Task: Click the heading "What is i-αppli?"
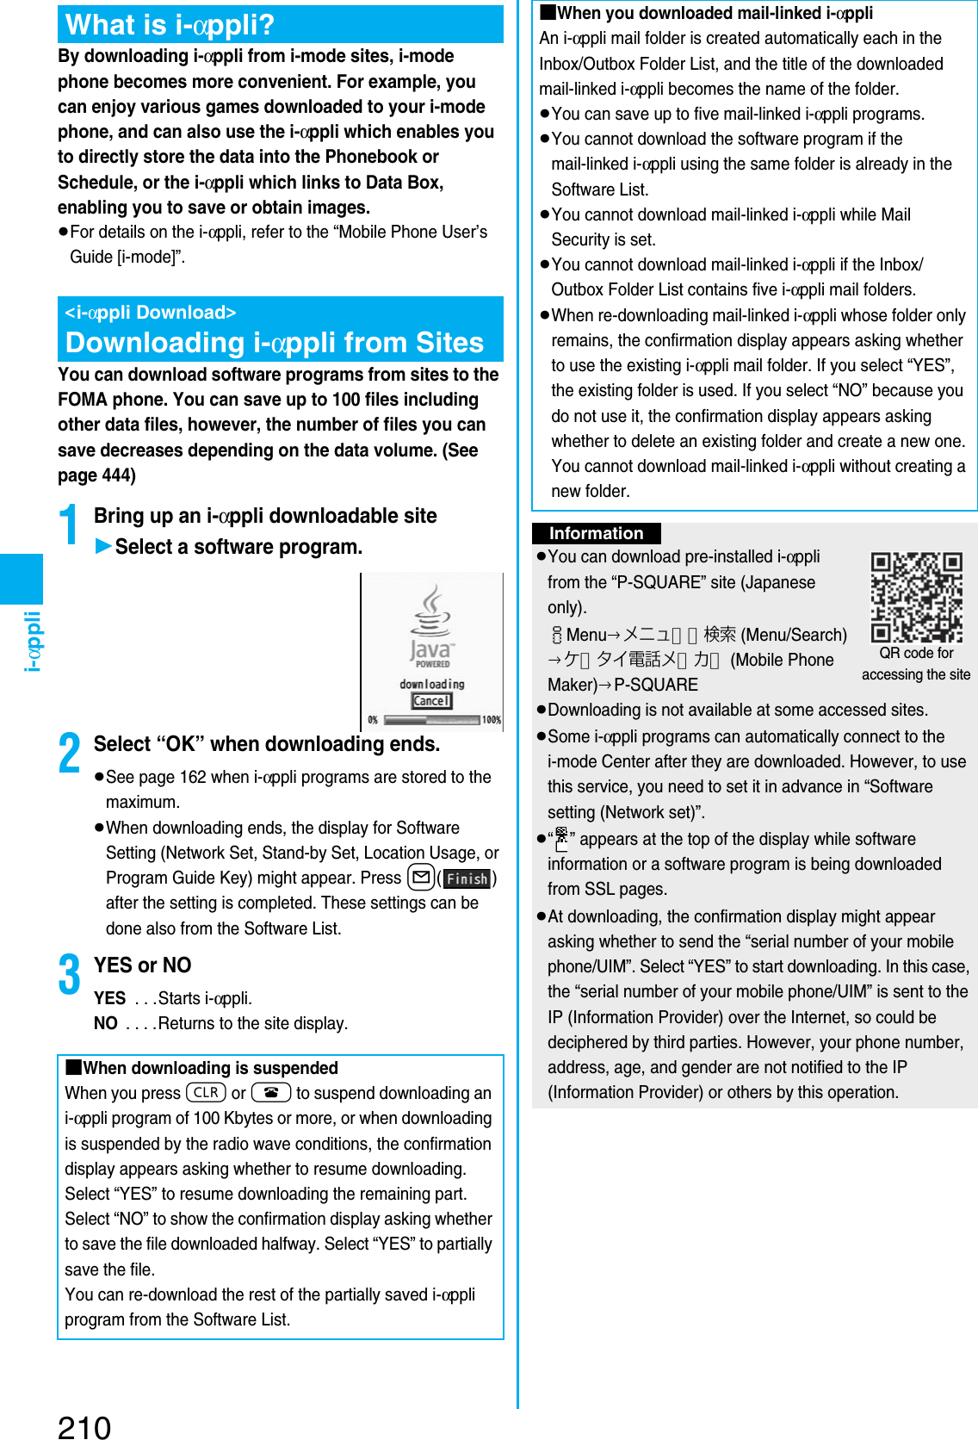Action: point(170,25)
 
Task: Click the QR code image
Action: point(916,598)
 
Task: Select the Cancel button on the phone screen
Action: point(431,701)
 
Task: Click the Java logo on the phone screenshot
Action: point(431,627)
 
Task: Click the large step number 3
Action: point(70,975)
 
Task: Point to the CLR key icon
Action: point(206,1093)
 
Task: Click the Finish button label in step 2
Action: point(467,878)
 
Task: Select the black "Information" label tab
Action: point(596,533)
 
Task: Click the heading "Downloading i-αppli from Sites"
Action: point(275,343)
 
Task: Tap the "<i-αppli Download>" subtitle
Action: point(151,313)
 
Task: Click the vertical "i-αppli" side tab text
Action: point(32,641)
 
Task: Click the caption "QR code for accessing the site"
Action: point(916,664)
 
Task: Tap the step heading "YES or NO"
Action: point(142,965)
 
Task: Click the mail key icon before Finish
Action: point(421,878)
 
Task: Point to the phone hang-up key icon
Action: point(271,1093)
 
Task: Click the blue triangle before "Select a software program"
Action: point(103,546)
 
